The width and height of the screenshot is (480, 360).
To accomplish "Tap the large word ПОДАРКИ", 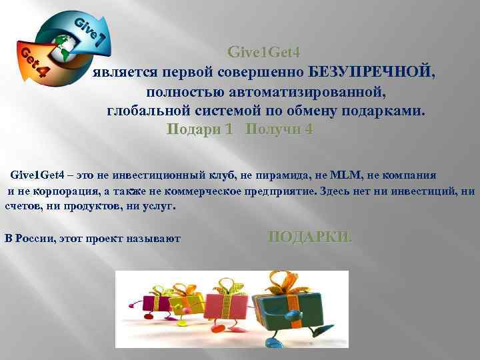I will [x=310, y=237].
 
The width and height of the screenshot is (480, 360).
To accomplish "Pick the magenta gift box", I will [x=151, y=296].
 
